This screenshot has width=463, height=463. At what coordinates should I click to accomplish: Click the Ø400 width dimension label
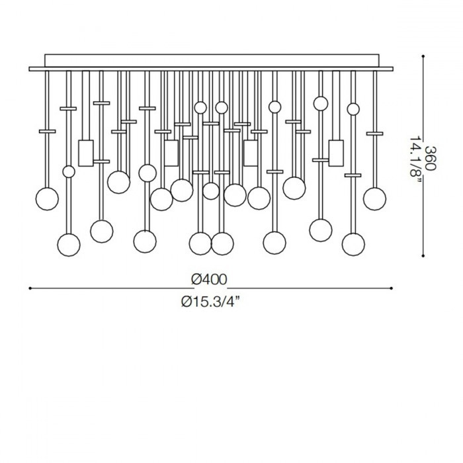(209, 279)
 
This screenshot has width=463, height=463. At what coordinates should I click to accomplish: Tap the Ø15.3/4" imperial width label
(210, 302)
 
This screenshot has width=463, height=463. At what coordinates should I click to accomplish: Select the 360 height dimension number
(430, 158)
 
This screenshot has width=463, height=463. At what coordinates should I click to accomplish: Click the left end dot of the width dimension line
(30, 288)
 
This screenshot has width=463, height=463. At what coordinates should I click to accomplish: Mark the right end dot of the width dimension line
(392, 288)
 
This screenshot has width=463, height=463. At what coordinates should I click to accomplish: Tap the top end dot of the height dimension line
(423, 56)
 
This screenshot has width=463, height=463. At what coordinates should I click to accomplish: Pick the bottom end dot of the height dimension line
(423, 256)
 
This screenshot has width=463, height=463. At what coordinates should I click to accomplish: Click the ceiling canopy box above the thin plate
(212, 61)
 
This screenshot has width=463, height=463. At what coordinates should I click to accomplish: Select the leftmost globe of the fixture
(47, 199)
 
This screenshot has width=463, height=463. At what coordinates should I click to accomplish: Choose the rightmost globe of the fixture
(375, 199)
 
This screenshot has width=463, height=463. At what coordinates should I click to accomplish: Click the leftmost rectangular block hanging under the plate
(86, 153)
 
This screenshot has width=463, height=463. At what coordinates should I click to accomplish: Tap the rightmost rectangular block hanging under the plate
(336, 153)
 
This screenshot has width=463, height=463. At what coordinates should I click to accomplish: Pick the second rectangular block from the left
(171, 153)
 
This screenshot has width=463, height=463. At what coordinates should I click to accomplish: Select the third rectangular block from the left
(251, 153)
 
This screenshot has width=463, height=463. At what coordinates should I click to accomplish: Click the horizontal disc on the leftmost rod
(47, 132)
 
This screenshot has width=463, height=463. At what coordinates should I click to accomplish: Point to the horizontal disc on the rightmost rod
(375, 134)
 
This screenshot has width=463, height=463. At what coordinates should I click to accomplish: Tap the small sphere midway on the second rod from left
(69, 171)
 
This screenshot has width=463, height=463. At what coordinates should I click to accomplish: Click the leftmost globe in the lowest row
(69, 245)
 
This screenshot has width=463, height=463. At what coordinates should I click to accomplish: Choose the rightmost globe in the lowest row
(353, 245)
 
